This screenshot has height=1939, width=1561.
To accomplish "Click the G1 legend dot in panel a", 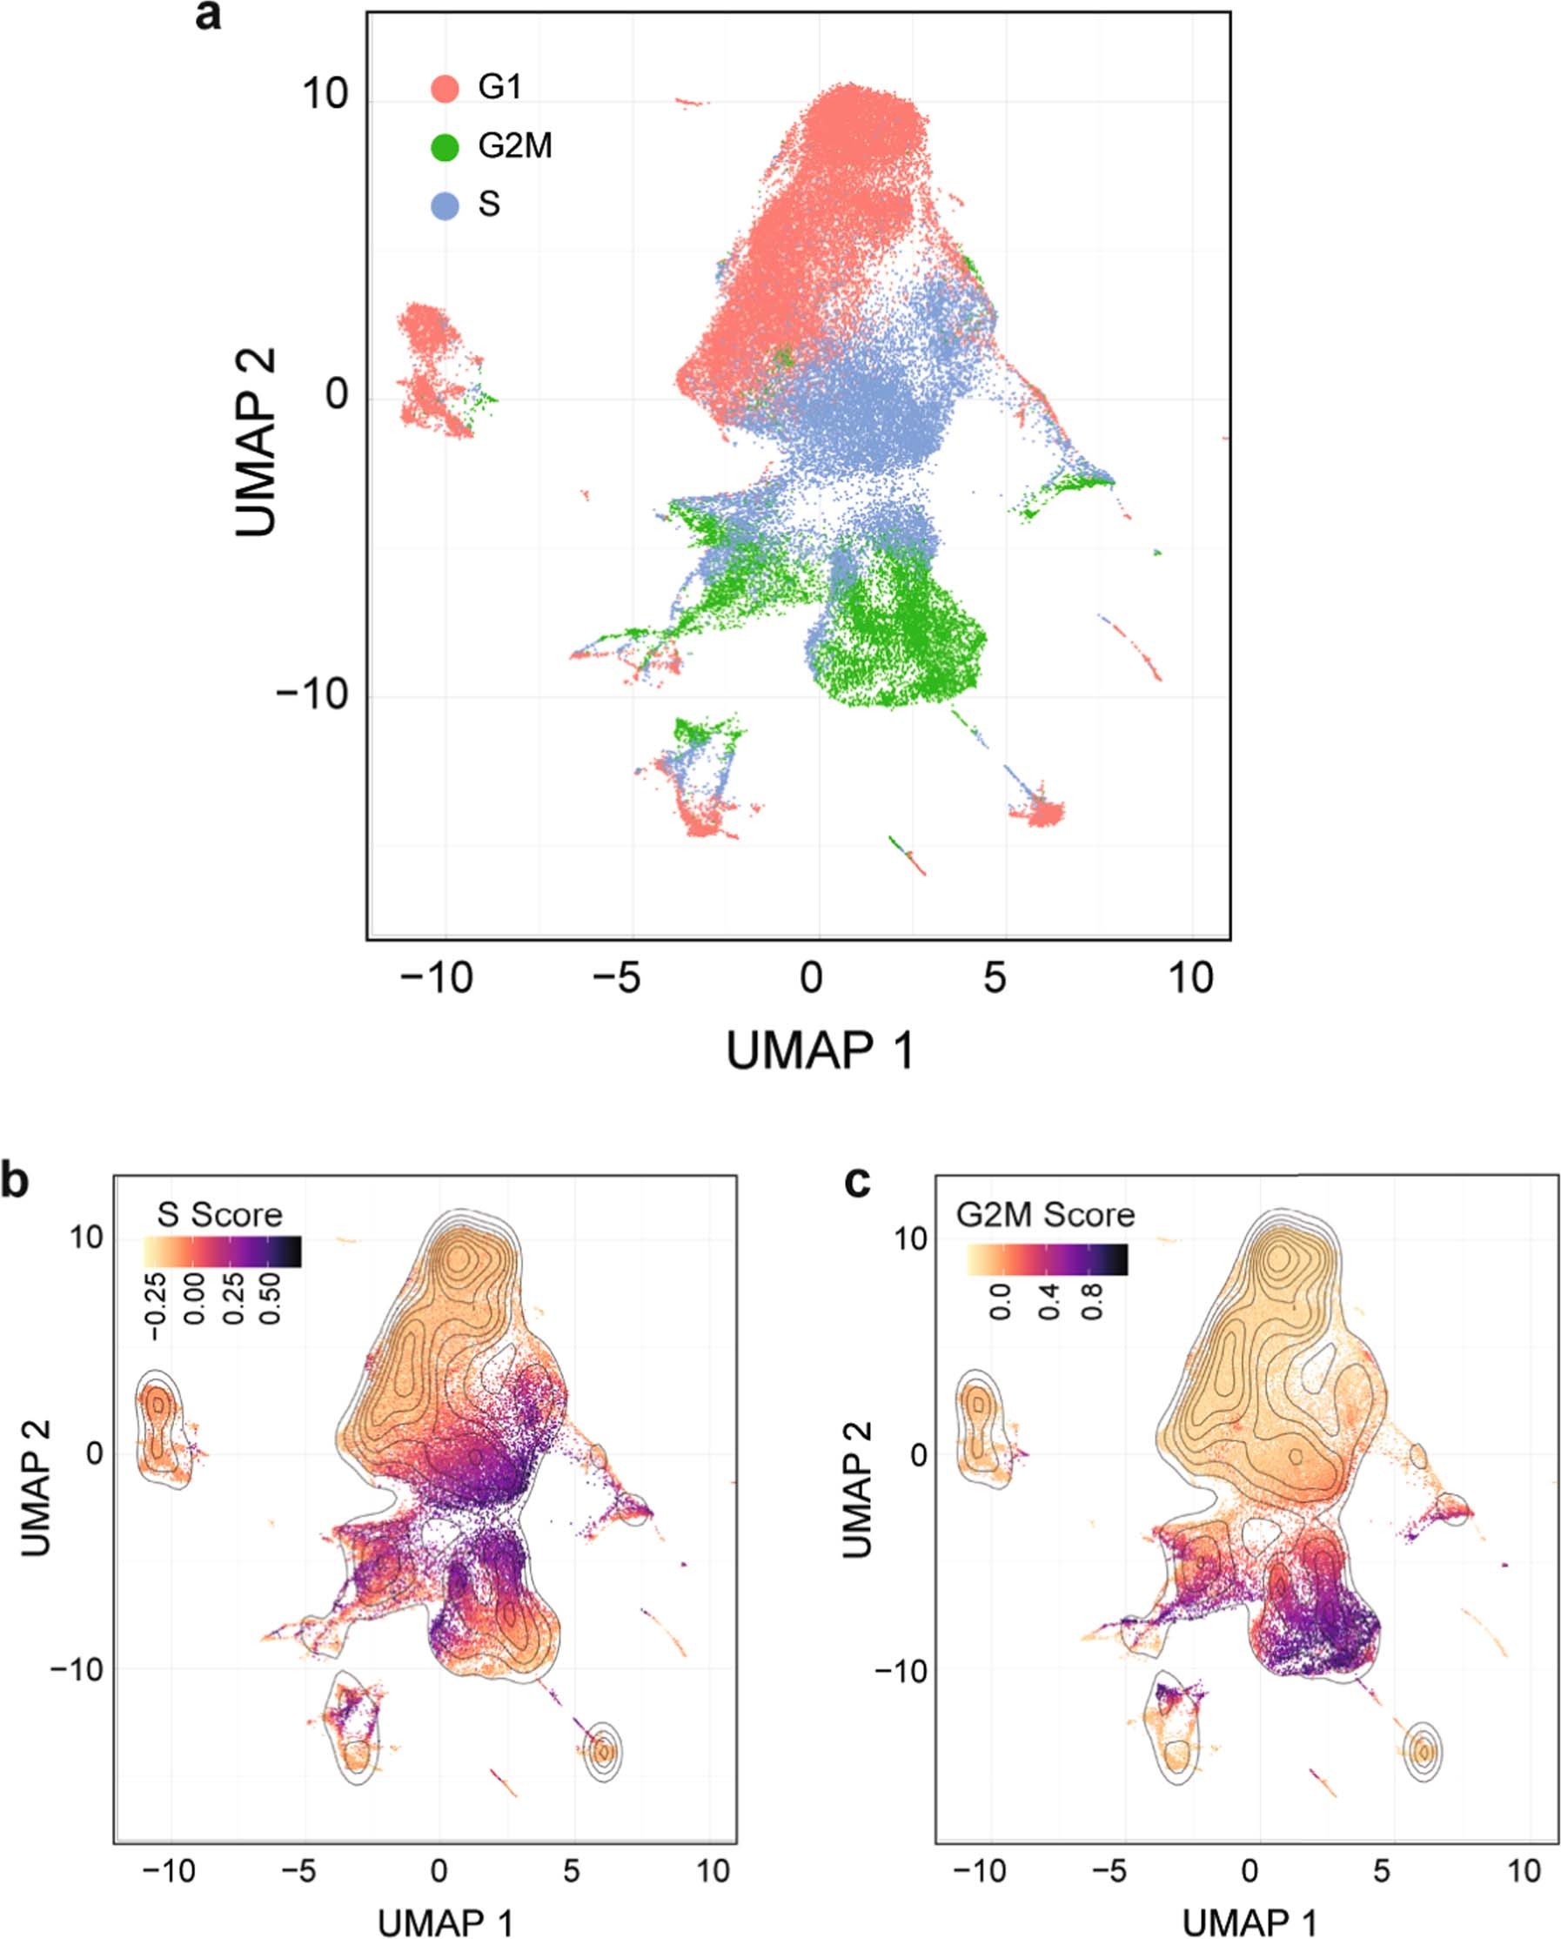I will click(446, 88).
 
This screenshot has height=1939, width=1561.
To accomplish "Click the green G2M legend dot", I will click(446, 146).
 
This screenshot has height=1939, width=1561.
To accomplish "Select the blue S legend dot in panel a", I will click(446, 206).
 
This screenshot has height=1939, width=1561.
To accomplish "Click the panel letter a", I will click(208, 17).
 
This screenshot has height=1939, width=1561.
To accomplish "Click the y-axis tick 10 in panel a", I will click(325, 93).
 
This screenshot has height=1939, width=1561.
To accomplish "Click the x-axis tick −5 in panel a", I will click(618, 977).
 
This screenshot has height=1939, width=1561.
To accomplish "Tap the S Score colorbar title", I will click(219, 1215).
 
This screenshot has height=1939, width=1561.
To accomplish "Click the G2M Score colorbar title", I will click(1045, 1215).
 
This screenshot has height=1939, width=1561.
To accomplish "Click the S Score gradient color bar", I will click(222, 1251).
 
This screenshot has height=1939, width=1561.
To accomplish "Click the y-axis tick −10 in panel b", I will click(77, 1669).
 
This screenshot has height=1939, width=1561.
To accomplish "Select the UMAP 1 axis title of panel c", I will click(1249, 1922).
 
